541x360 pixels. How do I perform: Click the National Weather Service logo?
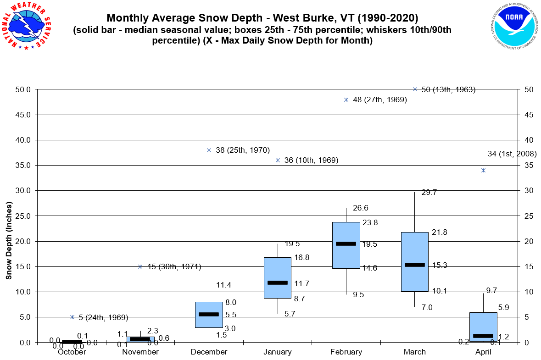26,26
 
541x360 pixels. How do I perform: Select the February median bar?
346,244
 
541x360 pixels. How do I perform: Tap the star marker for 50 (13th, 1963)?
415,89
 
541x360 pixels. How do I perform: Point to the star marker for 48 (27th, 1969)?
346,100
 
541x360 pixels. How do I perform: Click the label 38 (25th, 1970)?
242,150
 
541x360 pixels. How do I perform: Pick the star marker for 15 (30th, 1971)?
140,266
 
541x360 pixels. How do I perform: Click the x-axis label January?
278,352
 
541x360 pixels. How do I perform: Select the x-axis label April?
483,352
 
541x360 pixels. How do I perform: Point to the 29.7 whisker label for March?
429,193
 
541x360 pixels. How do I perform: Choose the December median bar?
209,314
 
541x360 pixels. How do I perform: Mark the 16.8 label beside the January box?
301,258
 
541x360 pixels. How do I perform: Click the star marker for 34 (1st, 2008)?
483,170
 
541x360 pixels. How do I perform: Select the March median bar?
415,265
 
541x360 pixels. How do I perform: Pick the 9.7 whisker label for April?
492,290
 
